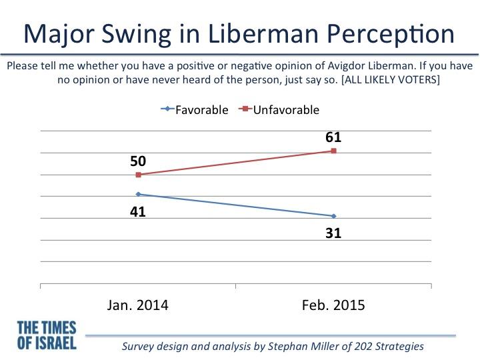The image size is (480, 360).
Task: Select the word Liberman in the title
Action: tap(274, 35)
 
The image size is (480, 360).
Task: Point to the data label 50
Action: tap(138, 161)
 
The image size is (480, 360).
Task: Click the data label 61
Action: tap(333, 137)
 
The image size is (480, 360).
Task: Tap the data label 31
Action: tap(333, 234)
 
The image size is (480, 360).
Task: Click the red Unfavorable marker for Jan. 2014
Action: tap(138, 175)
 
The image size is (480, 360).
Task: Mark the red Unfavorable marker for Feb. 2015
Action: tap(333, 151)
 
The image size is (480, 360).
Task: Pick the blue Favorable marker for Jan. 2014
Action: tap(138, 194)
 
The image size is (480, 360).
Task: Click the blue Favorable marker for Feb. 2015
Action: tap(333, 216)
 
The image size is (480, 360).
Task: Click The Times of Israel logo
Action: tap(46, 336)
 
